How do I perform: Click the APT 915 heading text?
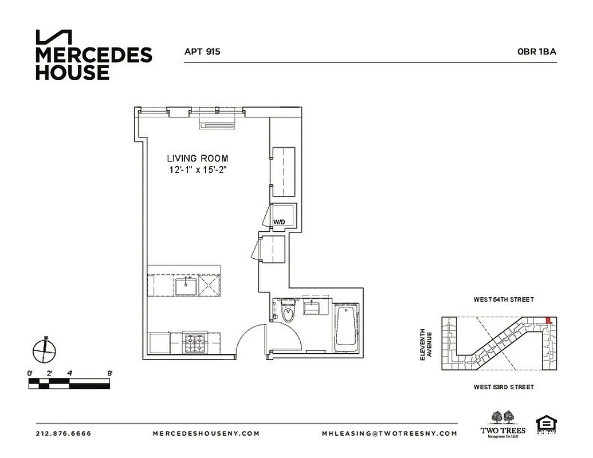pyautogui.click(x=202, y=52)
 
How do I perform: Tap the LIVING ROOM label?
pyautogui.click(x=198, y=158)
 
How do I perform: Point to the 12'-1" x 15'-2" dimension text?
pyautogui.click(x=198, y=169)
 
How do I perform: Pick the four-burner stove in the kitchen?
pyautogui.click(x=195, y=343)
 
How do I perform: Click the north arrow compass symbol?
pyautogui.click(x=45, y=350)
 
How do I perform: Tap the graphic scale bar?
pyautogui.click(x=69, y=383)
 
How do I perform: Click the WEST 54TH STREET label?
pyautogui.click(x=503, y=299)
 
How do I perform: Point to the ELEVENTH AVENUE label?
pyautogui.click(x=425, y=344)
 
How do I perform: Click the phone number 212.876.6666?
pyautogui.click(x=64, y=433)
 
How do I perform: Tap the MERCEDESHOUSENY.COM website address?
pyautogui.click(x=206, y=433)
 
